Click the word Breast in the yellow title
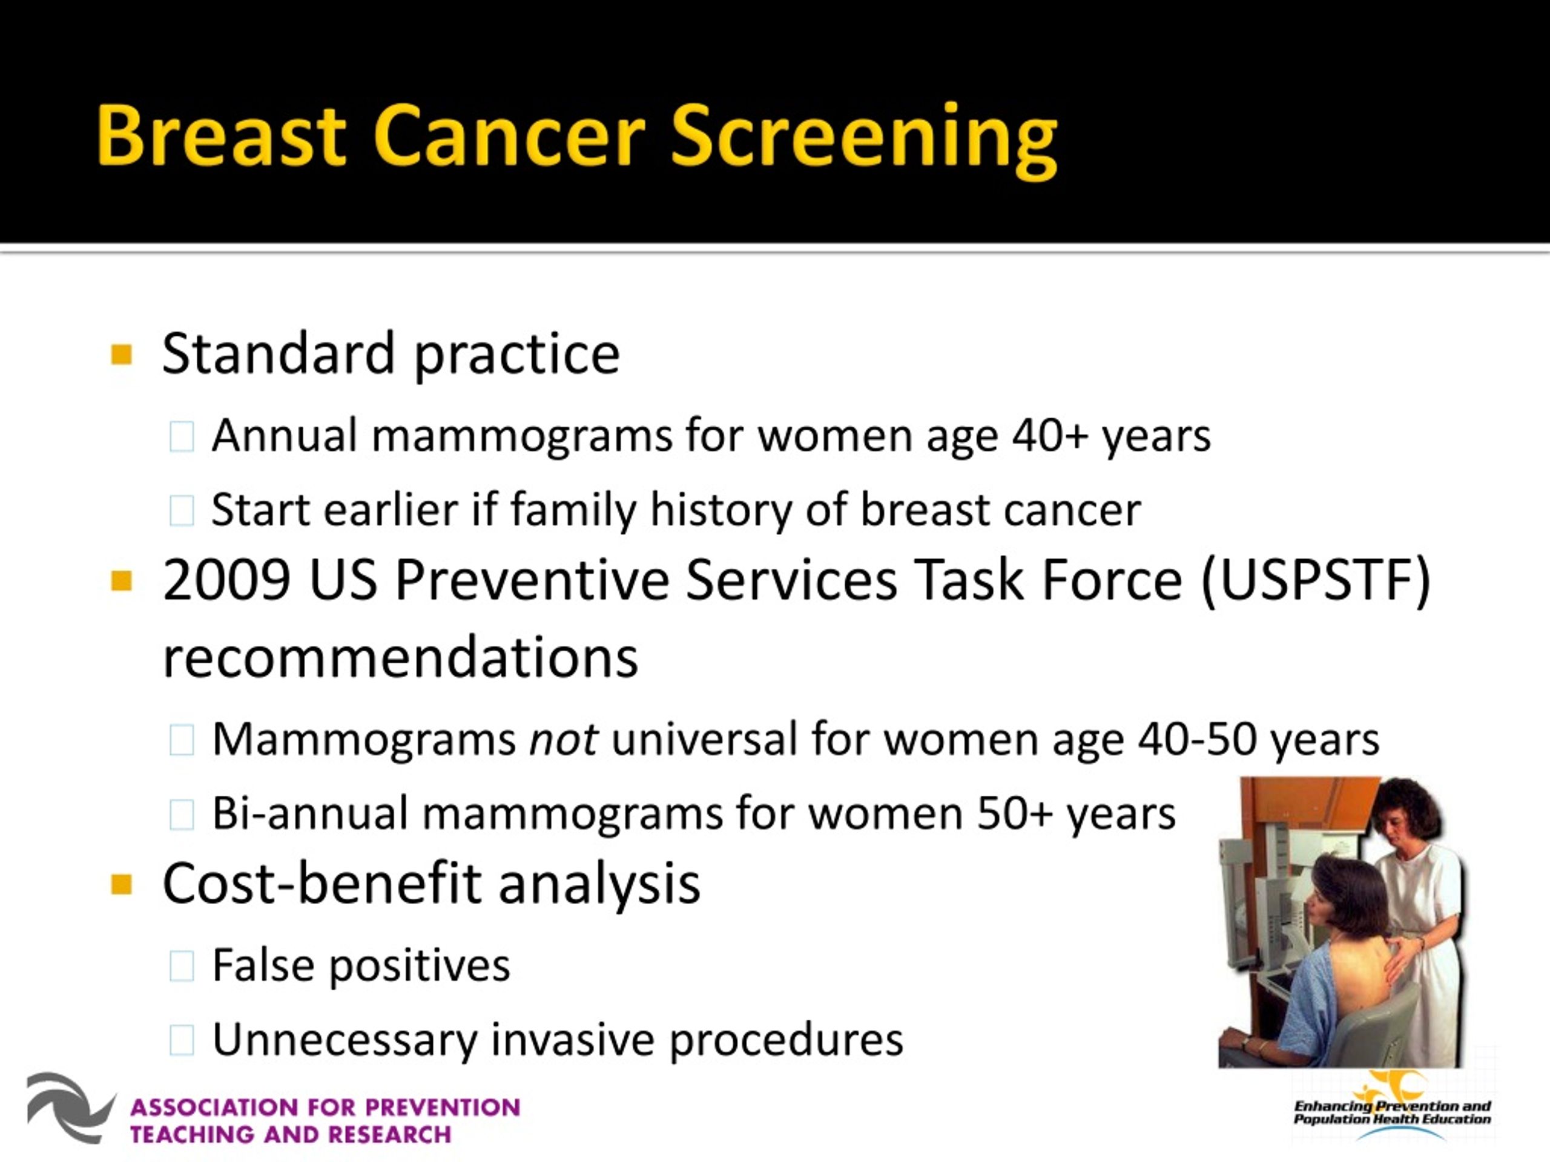[222, 134]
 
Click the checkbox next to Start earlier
[182, 511]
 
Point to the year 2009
[226, 580]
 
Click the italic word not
[563, 740]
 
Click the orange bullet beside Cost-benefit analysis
[121, 885]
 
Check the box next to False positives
[182, 967]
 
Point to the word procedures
[787, 1041]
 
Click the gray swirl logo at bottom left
[70, 1108]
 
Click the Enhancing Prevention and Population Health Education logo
[1393, 1108]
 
